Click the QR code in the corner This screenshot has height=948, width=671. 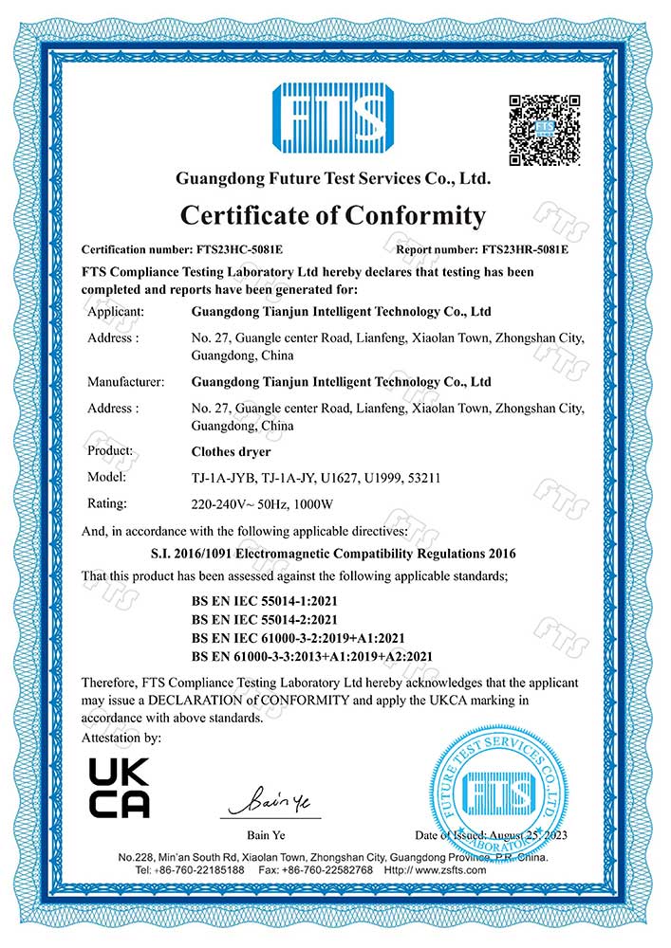pos(544,130)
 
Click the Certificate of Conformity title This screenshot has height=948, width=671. pos(332,216)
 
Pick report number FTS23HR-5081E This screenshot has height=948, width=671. pos(526,251)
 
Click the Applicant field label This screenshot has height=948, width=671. pos(115,311)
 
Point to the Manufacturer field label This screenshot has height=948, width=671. pos(125,382)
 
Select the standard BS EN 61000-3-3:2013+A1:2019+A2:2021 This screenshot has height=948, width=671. pos(312,655)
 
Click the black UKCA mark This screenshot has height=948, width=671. pos(119,788)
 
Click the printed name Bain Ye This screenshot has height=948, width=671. pos(267,834)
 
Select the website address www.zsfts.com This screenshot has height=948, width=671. pos(447,870)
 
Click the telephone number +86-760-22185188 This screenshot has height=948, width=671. pos(199,870)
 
